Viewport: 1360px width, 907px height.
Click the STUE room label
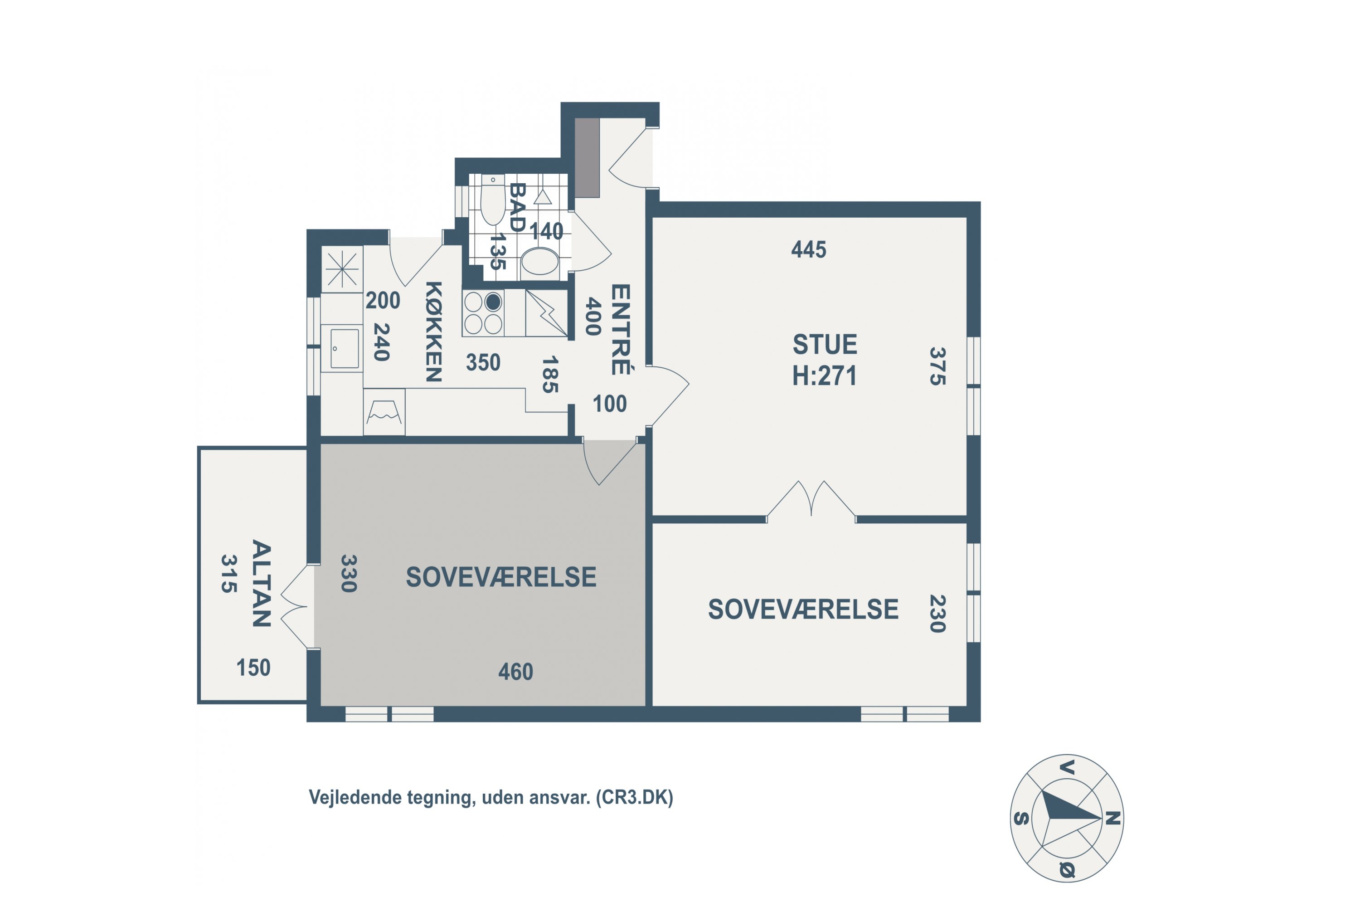point(825,345)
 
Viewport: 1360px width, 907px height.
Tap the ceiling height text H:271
point(825,376)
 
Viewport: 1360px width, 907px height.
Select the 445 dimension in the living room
point(808,249)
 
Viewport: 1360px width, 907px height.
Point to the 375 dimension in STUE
point(937,366)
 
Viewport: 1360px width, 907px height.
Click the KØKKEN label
point(434,332)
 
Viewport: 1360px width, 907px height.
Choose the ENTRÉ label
point(621,329)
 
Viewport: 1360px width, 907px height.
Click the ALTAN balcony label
point(262,584)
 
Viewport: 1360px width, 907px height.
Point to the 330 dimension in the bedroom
point(348,573)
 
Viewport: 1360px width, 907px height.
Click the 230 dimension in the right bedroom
point(937,614)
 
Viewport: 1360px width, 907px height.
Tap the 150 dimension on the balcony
point(253,668)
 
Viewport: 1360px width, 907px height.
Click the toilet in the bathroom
point(493,200)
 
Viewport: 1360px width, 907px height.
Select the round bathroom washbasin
point(540,263)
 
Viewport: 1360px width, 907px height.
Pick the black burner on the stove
point(493,302)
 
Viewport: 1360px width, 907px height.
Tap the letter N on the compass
point(1113,819)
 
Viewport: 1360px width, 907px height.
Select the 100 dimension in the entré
point(609,404)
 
